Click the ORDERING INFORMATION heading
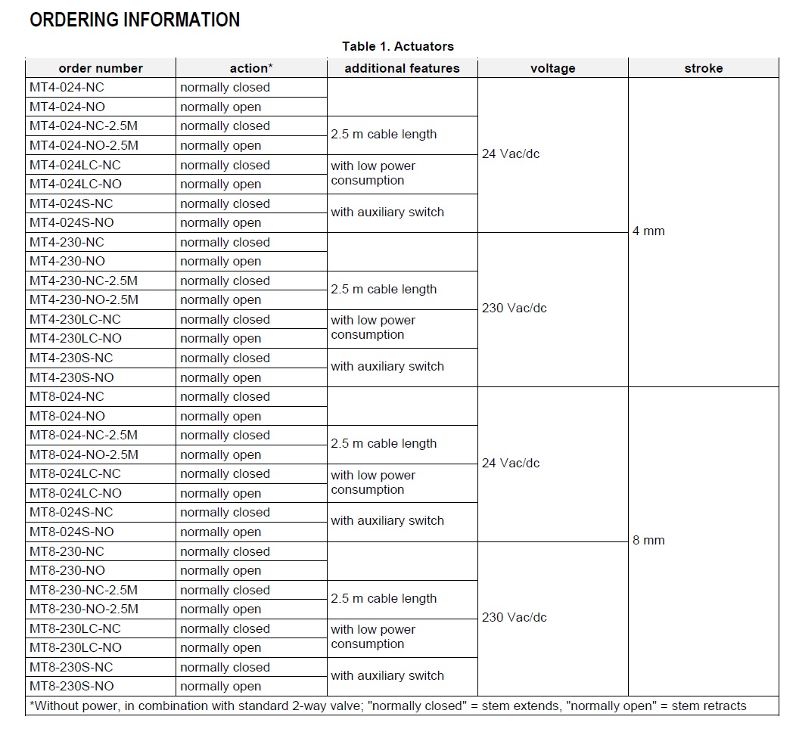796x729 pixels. (135, 20)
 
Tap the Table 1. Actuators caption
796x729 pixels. (398, 47)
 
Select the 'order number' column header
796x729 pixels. (101, 68)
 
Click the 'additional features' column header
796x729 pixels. (402, 68)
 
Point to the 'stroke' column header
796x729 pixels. (703, 68)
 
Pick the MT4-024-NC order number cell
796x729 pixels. (67, 88)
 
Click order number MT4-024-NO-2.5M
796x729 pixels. (84, 145)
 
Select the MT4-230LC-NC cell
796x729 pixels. (75, 319)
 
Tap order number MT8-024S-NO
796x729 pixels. (72, 532)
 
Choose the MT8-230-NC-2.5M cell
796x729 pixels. (84, 590)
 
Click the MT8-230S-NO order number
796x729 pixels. (72, 686)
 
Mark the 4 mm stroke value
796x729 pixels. (648, 231)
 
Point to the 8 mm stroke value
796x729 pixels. (648, 541)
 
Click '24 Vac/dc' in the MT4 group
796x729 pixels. (511, 154)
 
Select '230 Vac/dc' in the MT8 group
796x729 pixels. (514, 618)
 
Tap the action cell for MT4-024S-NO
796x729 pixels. (221, 223)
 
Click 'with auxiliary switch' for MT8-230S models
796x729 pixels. (387, 676)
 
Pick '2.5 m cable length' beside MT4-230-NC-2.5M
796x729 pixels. (384, 290)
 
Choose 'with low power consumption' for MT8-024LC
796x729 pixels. (373, 482)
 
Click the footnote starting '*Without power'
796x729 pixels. (387, 706)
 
